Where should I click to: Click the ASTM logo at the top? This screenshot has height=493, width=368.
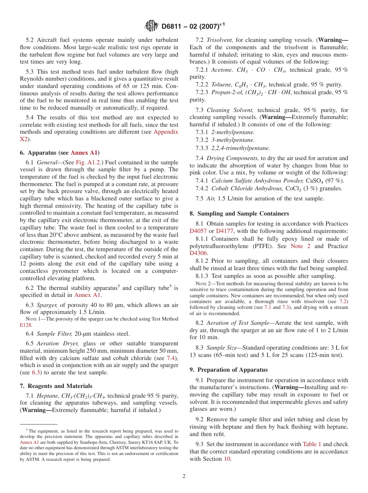click(151, 26)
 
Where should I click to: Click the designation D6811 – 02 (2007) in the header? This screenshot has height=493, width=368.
click(193, 26)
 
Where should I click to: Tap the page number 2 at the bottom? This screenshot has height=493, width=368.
click(184, 476)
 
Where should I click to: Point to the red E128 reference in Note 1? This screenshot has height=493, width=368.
click(26, 325)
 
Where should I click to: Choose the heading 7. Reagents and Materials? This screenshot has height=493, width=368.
click(56, 386)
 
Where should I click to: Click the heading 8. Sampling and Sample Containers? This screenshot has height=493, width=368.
click(239, 213)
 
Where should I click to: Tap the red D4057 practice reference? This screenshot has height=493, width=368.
click(198, 231)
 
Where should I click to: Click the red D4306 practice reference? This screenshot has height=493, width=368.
click(199, 253)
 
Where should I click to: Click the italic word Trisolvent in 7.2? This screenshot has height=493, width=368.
click(220, 40)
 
